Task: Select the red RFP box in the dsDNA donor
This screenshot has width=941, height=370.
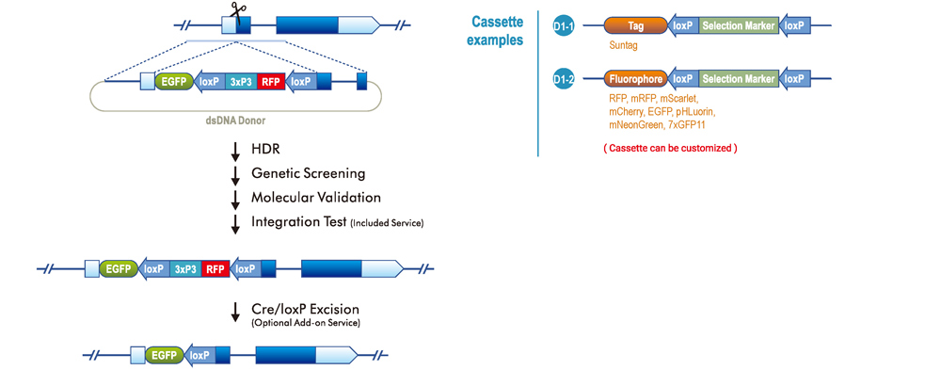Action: [271, 82]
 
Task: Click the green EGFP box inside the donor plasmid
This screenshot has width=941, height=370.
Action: [174, 82]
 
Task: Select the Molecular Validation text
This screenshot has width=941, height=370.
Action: [315, 197]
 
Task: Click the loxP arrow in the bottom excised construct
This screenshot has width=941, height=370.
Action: [198, 356]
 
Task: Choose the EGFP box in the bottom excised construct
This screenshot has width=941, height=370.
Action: [164, 356]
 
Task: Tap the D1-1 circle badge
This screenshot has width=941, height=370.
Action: [565, 27]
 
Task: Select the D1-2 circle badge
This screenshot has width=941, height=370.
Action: [565, 80]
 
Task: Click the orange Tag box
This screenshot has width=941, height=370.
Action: [635, 27]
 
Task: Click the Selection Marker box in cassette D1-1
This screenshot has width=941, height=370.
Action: [740, 27]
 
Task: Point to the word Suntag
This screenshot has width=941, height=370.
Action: [626, 44]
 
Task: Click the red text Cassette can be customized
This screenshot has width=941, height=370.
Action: [669, 148]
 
